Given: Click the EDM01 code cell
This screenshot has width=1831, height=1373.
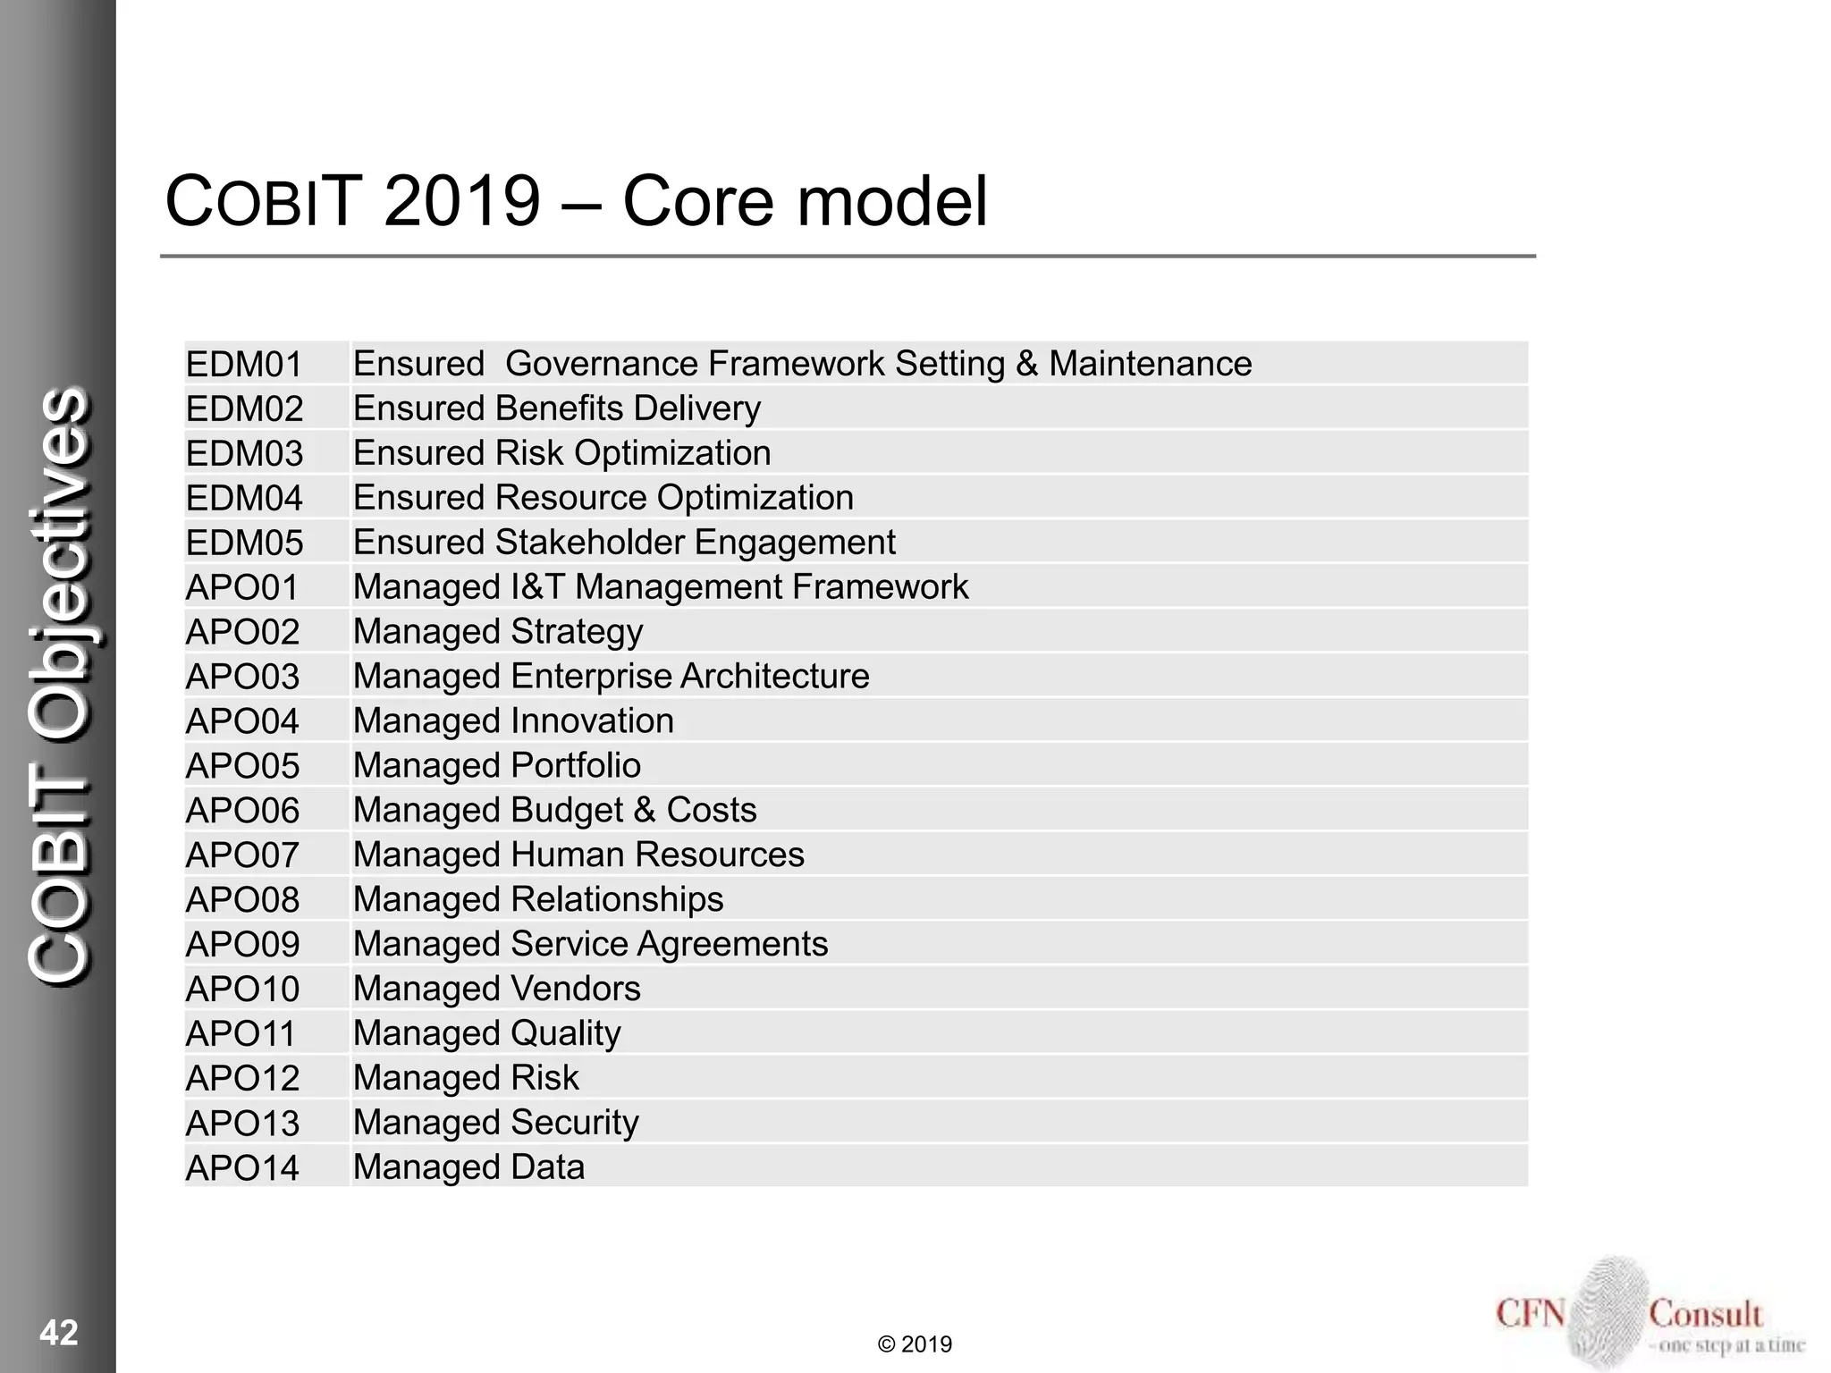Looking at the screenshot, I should pyautogui.click(x=244, y=365).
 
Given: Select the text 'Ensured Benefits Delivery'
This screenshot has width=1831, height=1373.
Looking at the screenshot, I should pyautogui.click(x=556, y=409).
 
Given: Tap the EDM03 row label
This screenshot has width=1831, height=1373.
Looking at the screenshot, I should pyautogui.click(x=244, y=454).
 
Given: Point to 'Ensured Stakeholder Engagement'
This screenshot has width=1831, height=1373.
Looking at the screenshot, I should pyautogui.click(x=624, y=543).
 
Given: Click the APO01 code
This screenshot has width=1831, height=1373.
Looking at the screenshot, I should pyautogui.click(x=242, y=587).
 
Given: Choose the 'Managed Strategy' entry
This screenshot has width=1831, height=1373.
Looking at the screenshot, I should pyautogui.click(x=497, y=632).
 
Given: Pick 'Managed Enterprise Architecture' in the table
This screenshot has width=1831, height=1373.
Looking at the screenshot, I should pyautogui.click(x=611, y=677).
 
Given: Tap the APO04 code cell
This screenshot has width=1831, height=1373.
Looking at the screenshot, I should pyautogui.click(x=242, y=721).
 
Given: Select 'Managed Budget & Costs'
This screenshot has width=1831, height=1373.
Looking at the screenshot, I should pyautogui.click(x=554, y=810).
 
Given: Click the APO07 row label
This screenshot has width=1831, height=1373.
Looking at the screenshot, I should pyautogui.click(x=242, y=855).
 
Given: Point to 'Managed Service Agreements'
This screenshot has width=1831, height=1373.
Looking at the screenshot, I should pyautogui.click(x=590, y=944).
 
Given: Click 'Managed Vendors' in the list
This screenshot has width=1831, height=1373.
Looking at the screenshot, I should pyautogui.click(x=496, y=989).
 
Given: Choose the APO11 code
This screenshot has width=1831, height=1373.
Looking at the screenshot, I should pyautogui.click(x=240, y=1034).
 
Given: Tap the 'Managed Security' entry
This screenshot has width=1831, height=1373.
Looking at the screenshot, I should pyautogui.click(x=495, y=1123).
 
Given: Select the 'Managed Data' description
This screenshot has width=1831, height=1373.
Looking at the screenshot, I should pyautogui.click(x=468, y=1167).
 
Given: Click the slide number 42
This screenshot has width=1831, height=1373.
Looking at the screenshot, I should pyautogui.click(x=59, y=1333).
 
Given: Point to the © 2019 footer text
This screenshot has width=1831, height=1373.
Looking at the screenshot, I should pyautogui.click(x=915, y=1344).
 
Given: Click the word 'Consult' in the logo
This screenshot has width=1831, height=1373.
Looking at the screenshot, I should pyautogui.click(x=1705, y=1314).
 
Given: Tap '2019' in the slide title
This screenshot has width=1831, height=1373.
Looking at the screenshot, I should pyautogui.click(x=462, y=201).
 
